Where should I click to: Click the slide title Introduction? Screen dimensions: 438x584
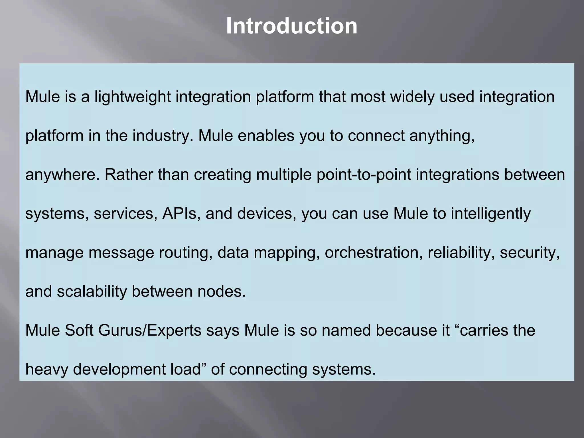291,26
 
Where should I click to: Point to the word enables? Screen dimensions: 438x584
266,135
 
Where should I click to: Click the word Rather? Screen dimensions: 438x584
129,175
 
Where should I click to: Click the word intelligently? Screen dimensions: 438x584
490,214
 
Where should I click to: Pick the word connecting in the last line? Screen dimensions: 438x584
268,370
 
